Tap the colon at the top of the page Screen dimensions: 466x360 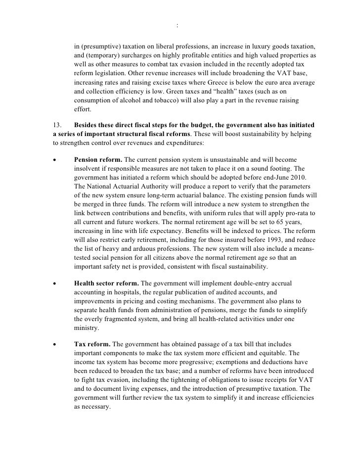pyautogui.click(x=177, y=26)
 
